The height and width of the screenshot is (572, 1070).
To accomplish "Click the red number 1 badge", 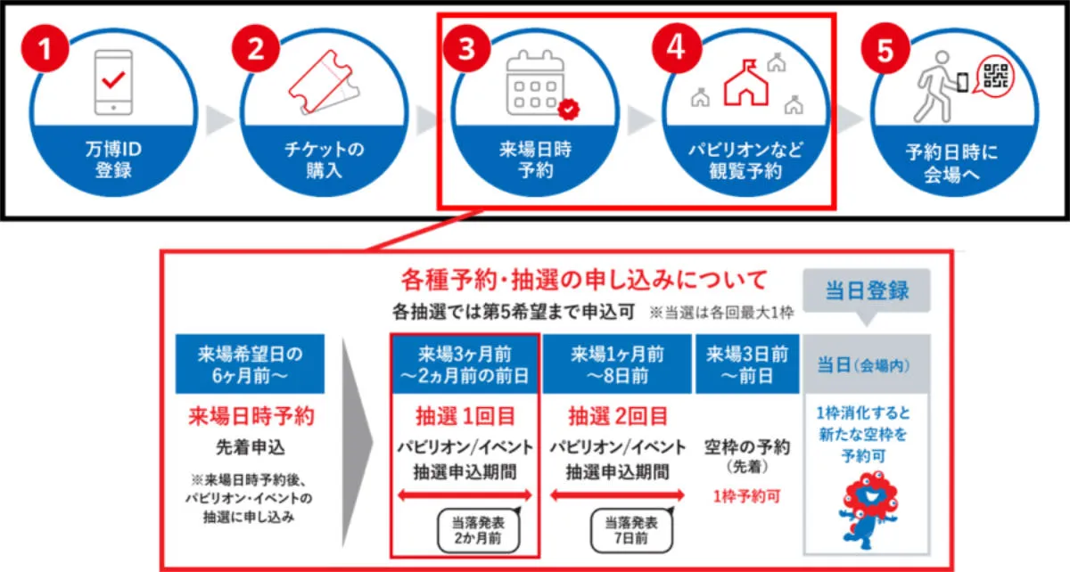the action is (45, 48).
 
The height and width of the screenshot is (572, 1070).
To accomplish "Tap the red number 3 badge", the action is (466, 48).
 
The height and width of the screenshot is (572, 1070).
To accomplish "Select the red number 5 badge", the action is (885, 48).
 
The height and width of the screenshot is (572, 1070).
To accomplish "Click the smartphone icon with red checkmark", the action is (113, 82).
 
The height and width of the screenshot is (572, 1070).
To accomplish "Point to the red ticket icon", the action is (324, 82).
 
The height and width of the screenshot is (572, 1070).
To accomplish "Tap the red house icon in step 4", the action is (745, 82).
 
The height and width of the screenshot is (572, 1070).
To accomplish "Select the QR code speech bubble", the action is (995, 76).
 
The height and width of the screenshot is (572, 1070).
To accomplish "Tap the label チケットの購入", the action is (324, 159).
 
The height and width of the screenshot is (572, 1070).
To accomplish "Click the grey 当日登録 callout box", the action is (867, 291).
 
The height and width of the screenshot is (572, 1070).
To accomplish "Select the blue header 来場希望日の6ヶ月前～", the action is (250, 364).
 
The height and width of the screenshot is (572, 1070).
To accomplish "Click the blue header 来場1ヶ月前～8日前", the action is (617, 364).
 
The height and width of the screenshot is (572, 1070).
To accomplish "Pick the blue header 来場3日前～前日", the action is (747, 364).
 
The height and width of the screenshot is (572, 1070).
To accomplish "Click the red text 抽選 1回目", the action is (465, 416).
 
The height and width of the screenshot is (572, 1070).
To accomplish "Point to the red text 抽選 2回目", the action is (618, 416).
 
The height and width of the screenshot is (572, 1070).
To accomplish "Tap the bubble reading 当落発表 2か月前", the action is (479, 530).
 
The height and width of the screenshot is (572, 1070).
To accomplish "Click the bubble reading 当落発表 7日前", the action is (631, 530).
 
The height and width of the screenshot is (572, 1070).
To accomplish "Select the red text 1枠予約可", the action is (746, 496).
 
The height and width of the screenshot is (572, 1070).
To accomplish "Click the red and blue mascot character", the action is (868, 510).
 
